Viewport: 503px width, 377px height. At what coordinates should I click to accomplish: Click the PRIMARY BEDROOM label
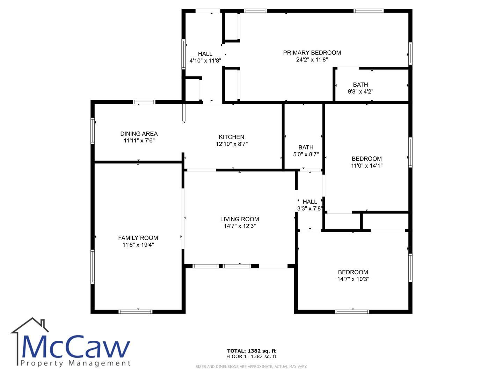(312, 53)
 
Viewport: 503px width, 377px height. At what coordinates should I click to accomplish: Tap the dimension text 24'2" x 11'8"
(312, 59)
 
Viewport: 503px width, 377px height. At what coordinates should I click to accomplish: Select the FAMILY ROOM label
(138, 238)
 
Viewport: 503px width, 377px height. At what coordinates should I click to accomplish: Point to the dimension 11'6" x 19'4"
(138, 245)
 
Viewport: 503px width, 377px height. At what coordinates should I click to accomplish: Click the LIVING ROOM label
(240, 219)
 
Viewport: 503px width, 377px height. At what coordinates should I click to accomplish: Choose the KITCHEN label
(232, 137)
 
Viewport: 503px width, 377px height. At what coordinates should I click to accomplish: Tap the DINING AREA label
(139, 134)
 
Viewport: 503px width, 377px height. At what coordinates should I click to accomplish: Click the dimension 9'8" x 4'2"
(360, 91)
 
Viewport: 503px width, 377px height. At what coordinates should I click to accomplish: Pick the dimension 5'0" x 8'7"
(306, 154)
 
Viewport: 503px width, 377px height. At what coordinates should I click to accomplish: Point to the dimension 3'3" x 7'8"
(310, 208)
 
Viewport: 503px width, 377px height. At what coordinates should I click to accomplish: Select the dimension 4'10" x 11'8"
(205, 61)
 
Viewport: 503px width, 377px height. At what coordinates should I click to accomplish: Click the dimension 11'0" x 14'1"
(367, 165)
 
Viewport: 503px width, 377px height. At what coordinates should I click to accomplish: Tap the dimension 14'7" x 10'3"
(353, 279)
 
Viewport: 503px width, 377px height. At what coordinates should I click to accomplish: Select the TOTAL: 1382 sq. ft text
(251, 351)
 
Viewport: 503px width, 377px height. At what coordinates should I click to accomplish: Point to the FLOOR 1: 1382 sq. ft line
(251, 356)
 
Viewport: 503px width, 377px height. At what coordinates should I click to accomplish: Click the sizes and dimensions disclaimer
(251, 367)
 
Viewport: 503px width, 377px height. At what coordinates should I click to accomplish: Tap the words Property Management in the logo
(75, 363)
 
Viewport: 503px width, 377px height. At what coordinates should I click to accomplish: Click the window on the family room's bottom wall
(135, 311)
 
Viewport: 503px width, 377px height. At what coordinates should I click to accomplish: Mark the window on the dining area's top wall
(144, 102)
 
